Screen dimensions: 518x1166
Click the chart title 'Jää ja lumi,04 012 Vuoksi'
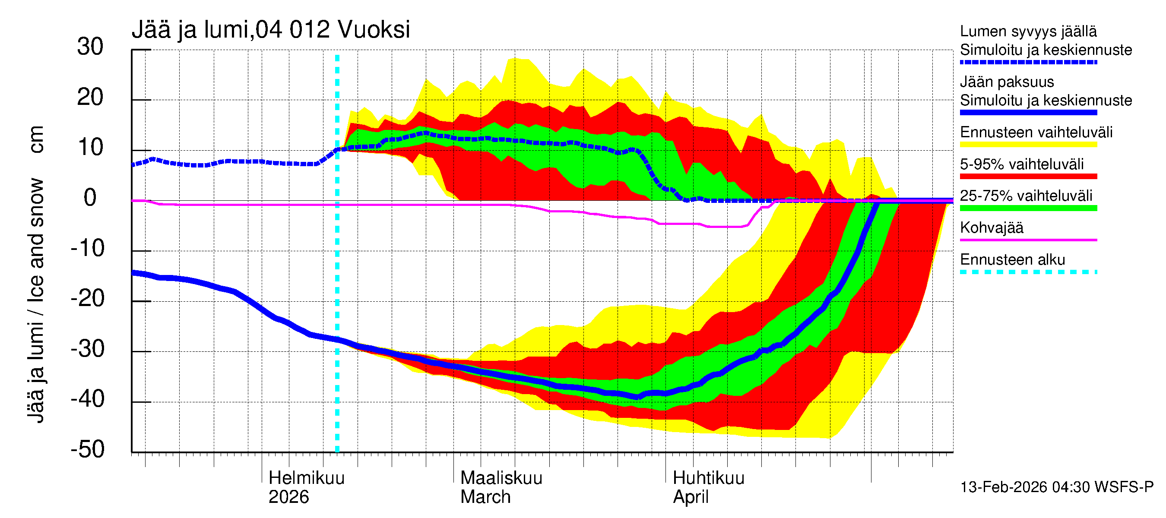coord(271,30)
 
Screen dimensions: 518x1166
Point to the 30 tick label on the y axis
coord(90,47)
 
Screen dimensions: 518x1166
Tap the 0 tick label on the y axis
coord(90,198)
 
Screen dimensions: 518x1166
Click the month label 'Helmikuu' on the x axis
coord(307,478)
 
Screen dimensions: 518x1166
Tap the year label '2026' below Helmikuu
coord(288,497)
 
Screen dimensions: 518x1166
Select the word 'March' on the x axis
coord(485,497)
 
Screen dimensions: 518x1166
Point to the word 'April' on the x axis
coord(690,497)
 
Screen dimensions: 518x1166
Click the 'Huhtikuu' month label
coord(708,478)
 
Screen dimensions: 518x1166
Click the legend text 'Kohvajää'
coord(991,227)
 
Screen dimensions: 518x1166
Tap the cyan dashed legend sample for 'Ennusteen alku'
coord(1028,272)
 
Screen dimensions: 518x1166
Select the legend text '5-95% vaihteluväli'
coord(1022,164)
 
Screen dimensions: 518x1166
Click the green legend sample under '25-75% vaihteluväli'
coord(1028,208)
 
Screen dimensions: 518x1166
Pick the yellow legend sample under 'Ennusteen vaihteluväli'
coord(1028,145)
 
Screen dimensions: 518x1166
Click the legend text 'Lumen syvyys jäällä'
coord(1028,32)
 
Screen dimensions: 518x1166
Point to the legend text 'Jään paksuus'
coord(1007,82)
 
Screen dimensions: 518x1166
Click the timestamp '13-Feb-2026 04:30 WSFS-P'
coord(1056,487)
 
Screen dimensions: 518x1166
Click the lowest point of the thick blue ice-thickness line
coord(637,397)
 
